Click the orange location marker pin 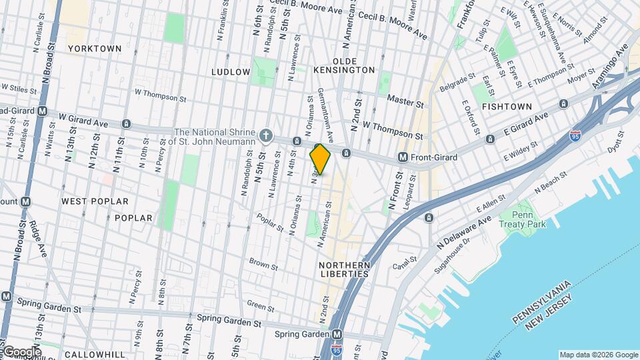coord(320,159)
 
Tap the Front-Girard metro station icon coord(403,157)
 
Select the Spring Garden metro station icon coord(337,334)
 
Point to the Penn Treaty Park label coord(529,219)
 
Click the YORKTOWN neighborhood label coord(95,49)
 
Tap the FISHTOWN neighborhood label coord(507,107)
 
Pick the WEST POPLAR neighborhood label coord(88,201)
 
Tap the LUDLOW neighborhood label coord(231,71)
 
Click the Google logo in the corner coord(21,351)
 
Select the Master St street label coord(406,104)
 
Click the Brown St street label coord(263,264)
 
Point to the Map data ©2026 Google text coord(598,355)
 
